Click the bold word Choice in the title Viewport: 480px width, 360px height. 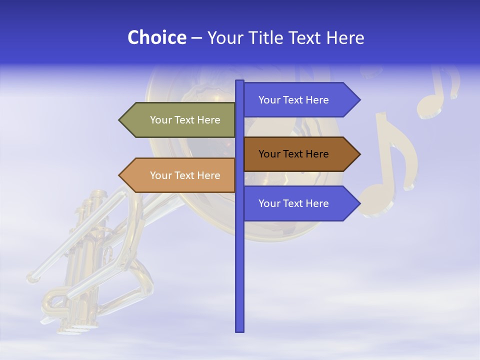pos(156,37)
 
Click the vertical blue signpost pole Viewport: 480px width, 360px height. pos(239,260)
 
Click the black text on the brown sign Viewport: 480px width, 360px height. pos(293,154)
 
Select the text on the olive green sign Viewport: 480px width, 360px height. pos(185,120)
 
